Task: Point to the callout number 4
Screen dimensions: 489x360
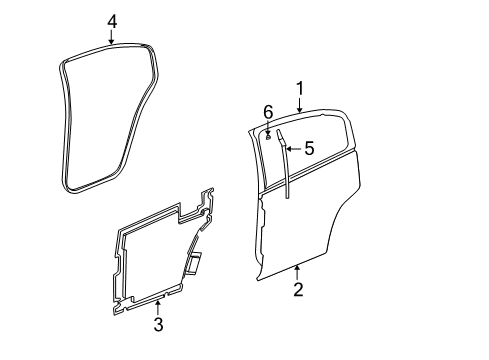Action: click(112, 20)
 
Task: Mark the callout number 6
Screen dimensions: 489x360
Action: click(267, 110)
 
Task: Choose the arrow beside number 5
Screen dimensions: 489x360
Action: click(294, 148)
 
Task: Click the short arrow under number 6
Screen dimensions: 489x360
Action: click(268, 123)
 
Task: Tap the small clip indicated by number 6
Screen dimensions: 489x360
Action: click(269, 133)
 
